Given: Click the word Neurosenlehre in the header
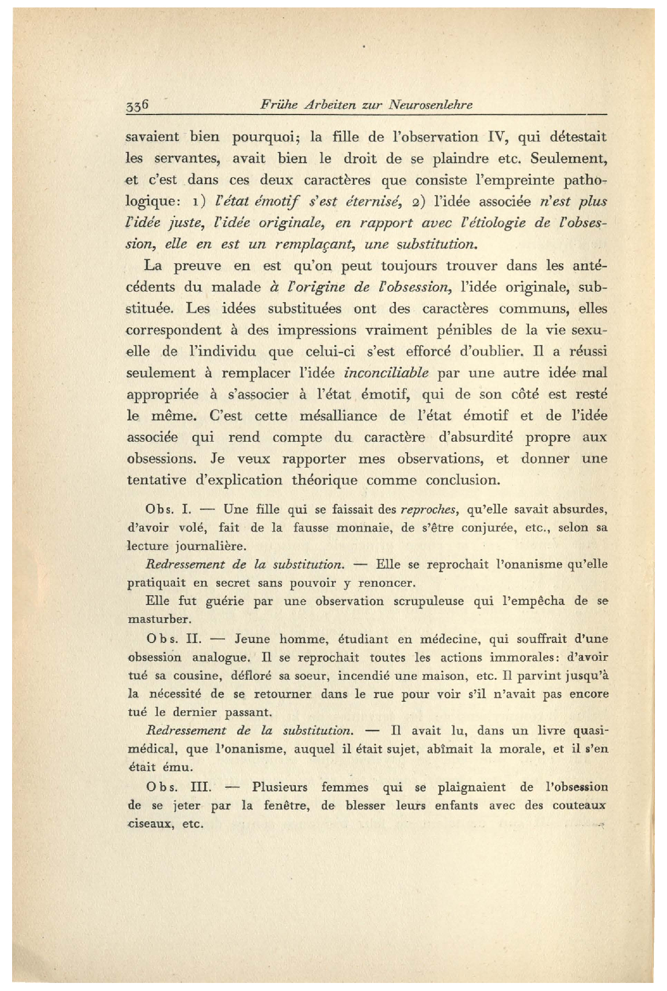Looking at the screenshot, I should (x=430, y=105).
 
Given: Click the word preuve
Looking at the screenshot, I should (x=197, y=266).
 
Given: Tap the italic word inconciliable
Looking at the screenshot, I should (x=386, y=373).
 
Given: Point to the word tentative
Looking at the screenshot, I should (x=156, y=480).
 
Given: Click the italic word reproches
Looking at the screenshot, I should (x=429, y=510).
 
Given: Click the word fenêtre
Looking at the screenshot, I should (x=287, y=806).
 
